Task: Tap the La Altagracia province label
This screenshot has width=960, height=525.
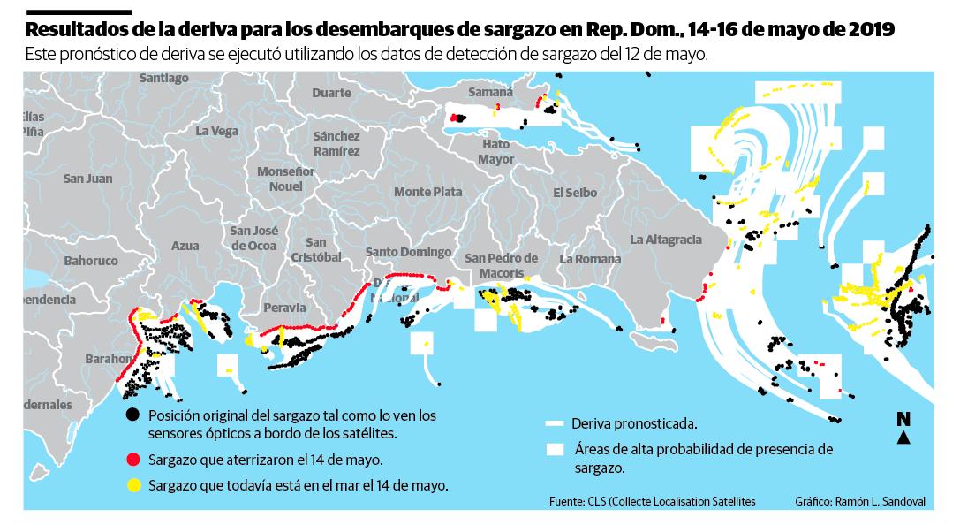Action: pyautogui.click(x=665, y=240)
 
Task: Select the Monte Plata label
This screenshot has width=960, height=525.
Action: pyautogui.click(x=427, y=192)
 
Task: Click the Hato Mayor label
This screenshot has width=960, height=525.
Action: pyautogui.click(x=495, y=151)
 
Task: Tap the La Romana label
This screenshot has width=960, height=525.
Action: pyautogui.click(x=590, y=259)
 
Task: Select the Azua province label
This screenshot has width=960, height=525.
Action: pyautogui.click(x=185, y=246)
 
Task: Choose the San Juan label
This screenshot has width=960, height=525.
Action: pyautogui.click(x=87, y=179)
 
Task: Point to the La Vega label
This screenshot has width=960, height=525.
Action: pyautogui.click(x=217, y=131)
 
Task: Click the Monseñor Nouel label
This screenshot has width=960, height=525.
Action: pyautogui.click(x=285, y=179)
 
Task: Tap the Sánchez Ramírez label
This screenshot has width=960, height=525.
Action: pyautogui.click(x=336, y=143)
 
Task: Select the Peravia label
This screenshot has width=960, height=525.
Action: pyautogui.click(x=283, y=308)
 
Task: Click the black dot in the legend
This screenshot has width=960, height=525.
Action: pyautogui.click(x=133, y=415)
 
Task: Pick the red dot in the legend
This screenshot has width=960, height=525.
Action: pyautogui.click(x=133, y=460)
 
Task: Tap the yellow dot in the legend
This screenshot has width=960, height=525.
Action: pyautogui.click(x=133, y=484)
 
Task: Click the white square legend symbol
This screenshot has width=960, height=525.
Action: pyautogui.click(x=556, y=449)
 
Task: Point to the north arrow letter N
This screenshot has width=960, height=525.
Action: pyautogui.click(x=903, y=419)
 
